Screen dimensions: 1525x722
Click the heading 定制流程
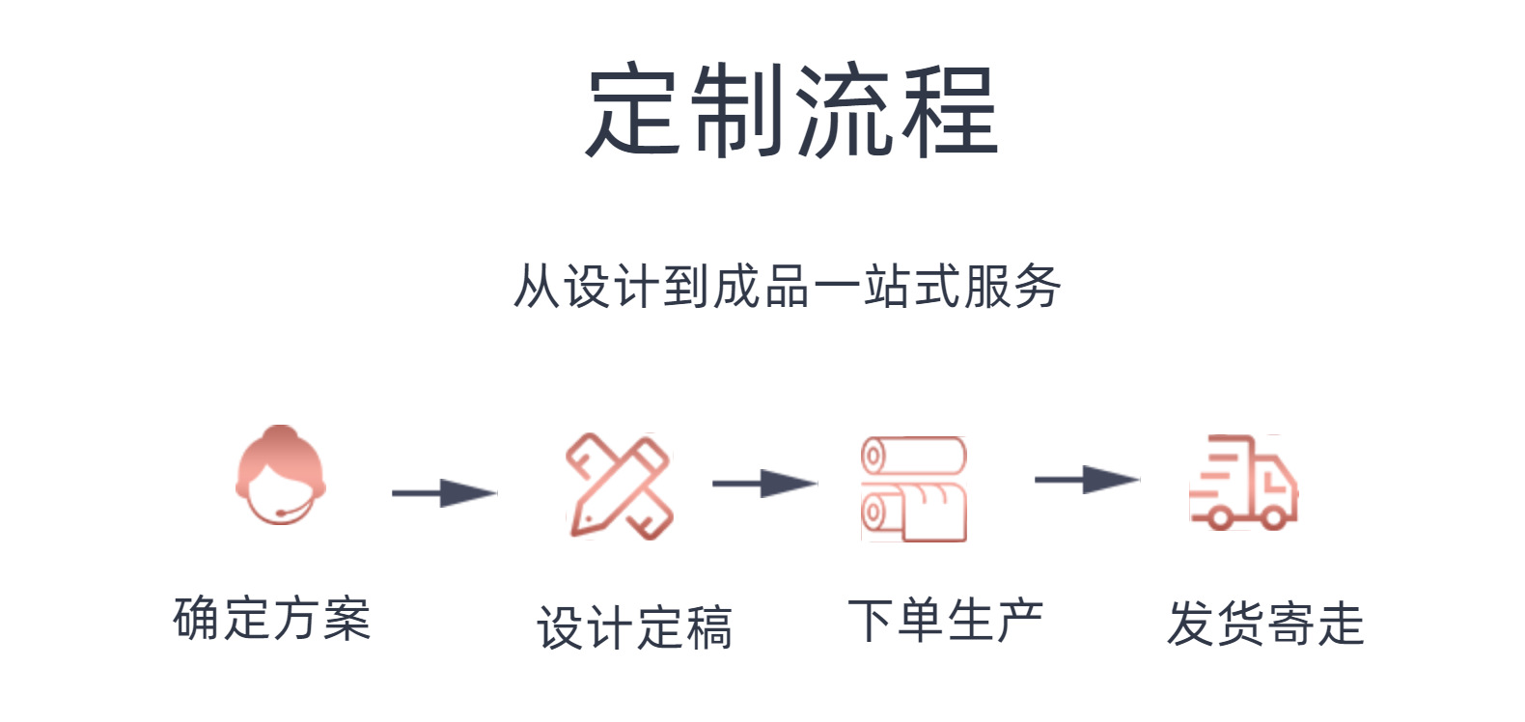[x=791, y=111]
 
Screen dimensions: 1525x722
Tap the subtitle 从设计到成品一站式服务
[x=787, y=287]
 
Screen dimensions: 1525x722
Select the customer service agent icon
[x=280, y=476]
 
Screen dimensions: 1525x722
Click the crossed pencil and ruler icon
[x=618, y=486]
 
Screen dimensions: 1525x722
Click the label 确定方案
[x=272, y=619]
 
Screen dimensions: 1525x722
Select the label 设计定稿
[x=634, y=628]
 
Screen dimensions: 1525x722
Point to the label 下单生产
[x=945, y=621]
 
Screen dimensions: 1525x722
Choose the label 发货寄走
[x=1264, y=624]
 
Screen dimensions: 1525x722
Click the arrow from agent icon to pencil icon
[x=444, y=493]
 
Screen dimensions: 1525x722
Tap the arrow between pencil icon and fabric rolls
[x=764, y=483]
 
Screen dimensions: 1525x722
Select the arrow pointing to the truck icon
[x=1087, y=479]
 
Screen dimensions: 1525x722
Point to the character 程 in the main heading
[x=949, y=111]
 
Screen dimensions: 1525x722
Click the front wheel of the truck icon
[x=1273, y=518]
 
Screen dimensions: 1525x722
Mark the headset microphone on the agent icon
[x=281, y=513]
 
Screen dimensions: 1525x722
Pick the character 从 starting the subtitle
[x=536, y=287]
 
